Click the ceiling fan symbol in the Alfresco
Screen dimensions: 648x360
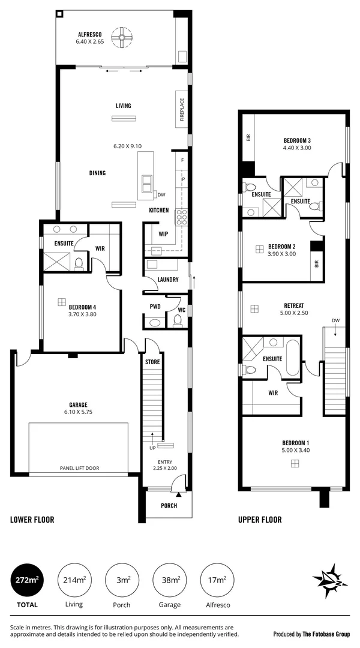(122, 39)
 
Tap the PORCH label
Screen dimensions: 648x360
(169, 505)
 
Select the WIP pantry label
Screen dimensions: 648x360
(163, 234)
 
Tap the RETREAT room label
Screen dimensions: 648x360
(293, 304)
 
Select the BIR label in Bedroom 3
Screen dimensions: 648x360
(248, 137)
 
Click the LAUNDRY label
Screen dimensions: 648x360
(167, 280)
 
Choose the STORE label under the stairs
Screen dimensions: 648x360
(152, 362)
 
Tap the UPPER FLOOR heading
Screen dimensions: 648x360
(260, 520)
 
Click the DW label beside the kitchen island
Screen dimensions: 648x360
(161, 194)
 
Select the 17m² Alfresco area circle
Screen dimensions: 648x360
(217, 580)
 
